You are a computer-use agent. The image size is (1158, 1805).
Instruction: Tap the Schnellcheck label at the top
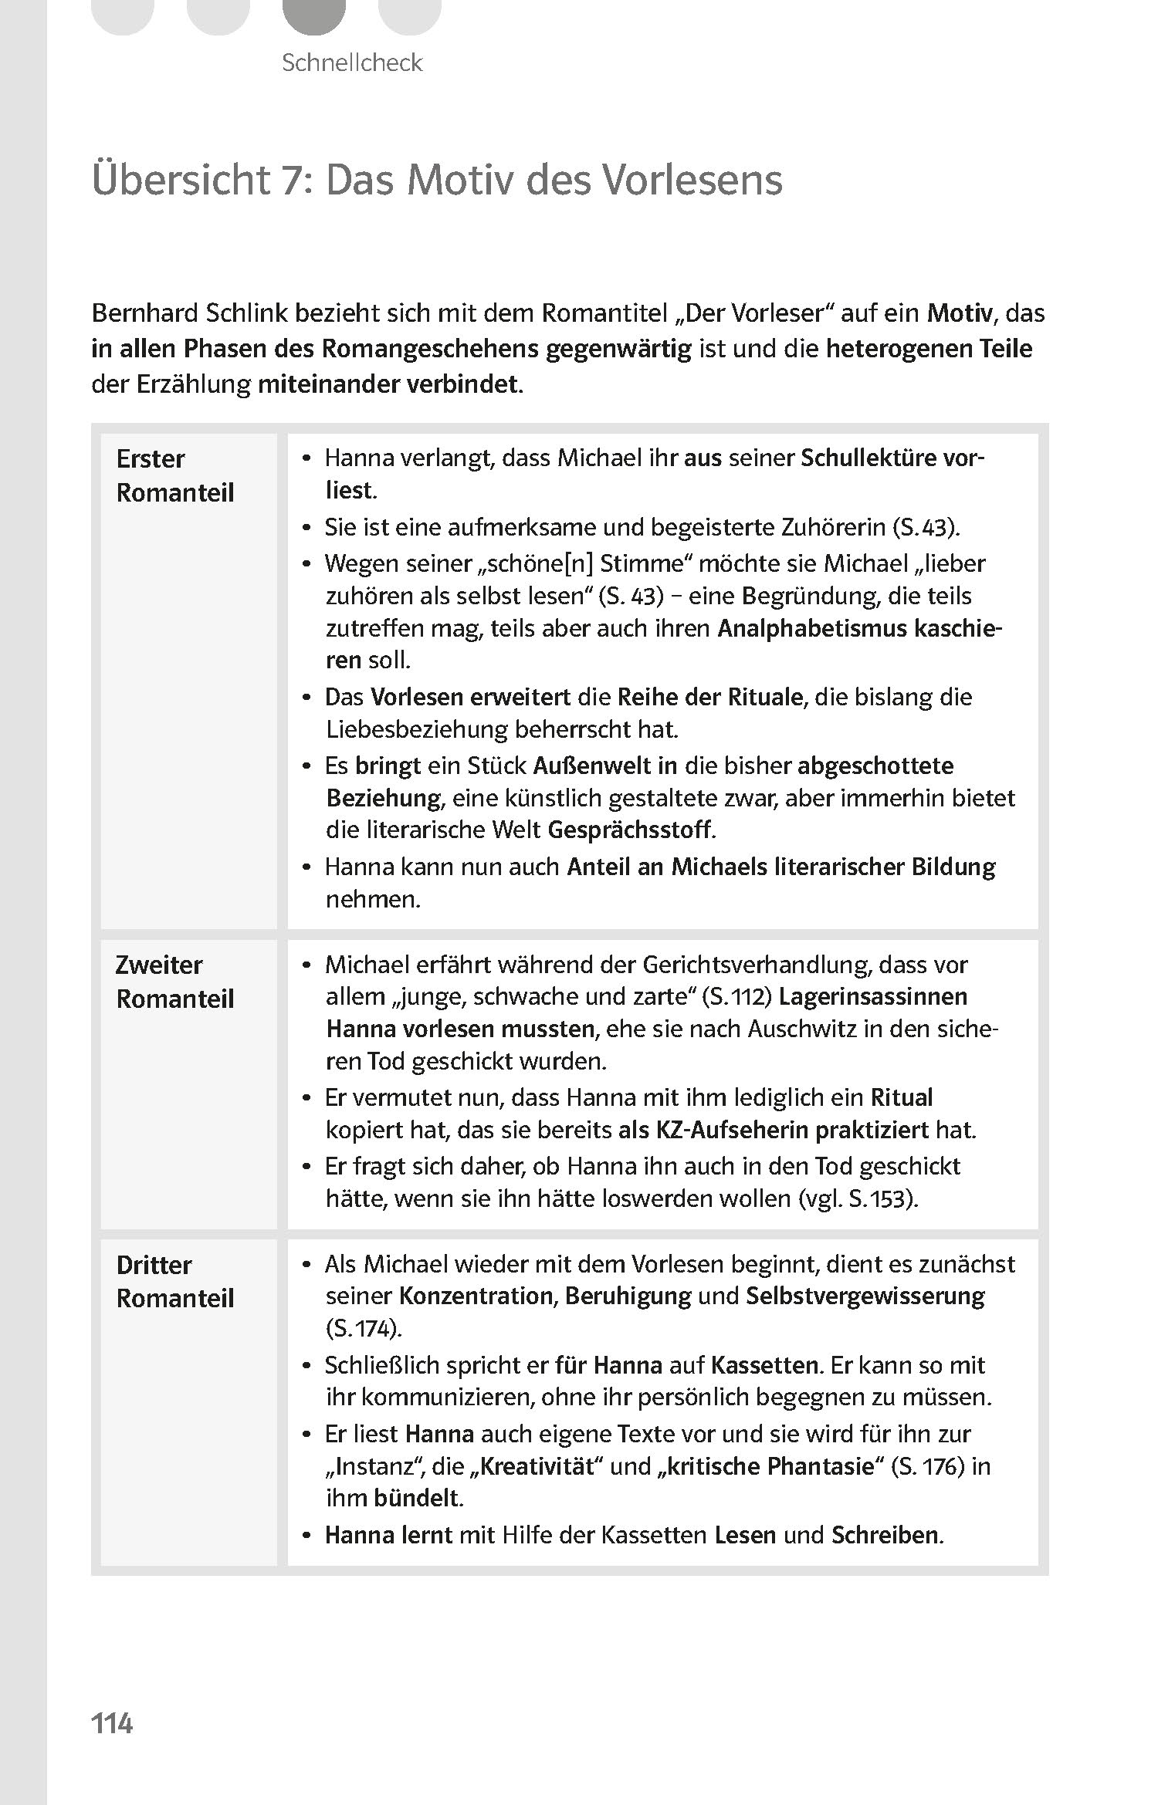[352, 63]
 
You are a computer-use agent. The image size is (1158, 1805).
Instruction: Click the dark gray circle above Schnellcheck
[313, 14]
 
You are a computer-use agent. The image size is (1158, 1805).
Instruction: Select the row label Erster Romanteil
[174, 475]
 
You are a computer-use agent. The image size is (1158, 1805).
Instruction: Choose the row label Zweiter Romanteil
[174, 982]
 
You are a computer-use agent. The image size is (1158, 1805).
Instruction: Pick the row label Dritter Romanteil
[174, 1281]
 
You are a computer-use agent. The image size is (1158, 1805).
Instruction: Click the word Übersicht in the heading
[179, 180]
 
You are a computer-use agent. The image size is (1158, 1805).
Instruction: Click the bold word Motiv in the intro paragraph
[960, 313]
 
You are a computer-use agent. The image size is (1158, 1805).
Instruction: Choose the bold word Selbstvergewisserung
[865, 1296]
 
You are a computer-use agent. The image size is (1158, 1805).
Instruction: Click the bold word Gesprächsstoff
[629, 830]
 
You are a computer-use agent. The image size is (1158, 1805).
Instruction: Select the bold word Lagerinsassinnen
[872, 996]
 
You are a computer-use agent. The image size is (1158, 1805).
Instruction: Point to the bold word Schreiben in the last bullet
[885, 1535]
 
